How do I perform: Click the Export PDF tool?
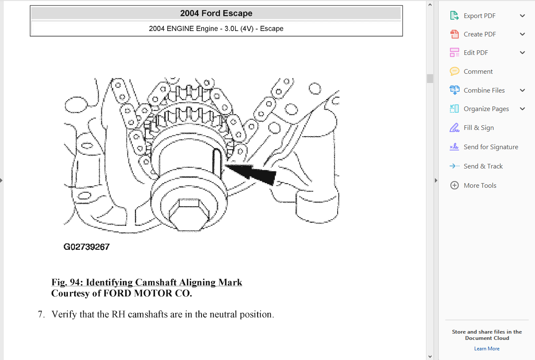[479, 16]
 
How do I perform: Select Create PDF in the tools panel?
[479, 34]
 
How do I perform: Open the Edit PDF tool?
[476, 53]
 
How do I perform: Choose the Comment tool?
[478, 72]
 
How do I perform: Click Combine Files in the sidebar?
[484, 91]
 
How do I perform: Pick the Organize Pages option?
[486, 109]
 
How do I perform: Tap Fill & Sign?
[478, 128]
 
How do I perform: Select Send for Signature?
[491, 147]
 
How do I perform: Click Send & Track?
[483, 166]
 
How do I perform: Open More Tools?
[480, 186]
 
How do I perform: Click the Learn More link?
[486, 349]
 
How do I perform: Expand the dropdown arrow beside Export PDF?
[522, 16]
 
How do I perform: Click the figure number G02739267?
[87, 247]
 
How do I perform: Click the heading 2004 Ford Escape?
[216, 13]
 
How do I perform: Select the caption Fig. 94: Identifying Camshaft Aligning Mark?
[147, 282]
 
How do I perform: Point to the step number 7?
[41, 314]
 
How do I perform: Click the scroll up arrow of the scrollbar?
[430, 5]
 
